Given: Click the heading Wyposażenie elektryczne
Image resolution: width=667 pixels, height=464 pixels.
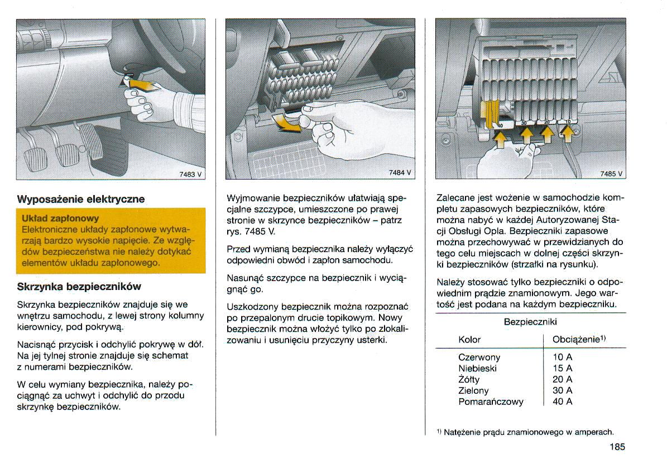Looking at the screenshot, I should (81, 199).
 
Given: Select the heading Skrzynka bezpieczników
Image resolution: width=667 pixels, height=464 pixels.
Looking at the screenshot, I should (79, 287).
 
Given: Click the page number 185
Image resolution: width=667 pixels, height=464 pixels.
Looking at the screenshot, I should (617, 446).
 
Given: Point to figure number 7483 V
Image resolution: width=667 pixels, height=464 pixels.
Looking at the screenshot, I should (190, 173).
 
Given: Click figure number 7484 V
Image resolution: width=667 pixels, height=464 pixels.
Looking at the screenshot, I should (400, 173).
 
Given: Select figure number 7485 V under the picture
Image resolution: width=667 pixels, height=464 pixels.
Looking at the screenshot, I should (611, 173).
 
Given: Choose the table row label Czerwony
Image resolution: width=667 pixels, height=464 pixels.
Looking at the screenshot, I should (479, 357).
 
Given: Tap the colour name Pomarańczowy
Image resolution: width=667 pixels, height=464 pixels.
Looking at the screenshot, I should (491, 402).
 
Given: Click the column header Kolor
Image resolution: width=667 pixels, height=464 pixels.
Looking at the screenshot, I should (469, 340).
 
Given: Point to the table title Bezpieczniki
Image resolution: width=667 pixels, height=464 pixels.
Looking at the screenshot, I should (530, 322).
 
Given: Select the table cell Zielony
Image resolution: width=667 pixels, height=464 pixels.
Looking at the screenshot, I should (473, 390).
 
